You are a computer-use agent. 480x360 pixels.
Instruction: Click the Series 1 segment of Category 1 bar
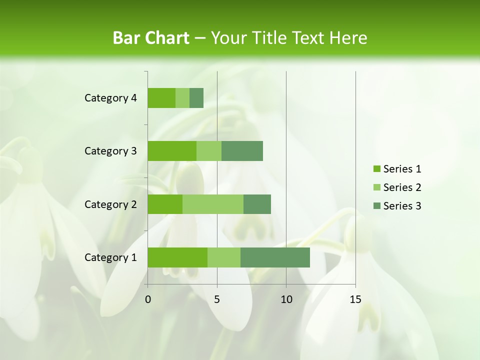pos(177,257)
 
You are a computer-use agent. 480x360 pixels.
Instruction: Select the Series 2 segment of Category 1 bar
pos(224,257)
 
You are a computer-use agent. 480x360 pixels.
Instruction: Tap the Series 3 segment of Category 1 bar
pos(275,257)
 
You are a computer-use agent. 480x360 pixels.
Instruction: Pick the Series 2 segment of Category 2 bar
pos(213,204)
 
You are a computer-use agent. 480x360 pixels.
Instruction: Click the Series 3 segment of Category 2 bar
pos(257,204)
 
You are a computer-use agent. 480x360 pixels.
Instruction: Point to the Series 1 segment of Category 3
pos(172,151)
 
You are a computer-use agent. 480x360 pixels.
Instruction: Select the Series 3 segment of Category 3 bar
pos(242,151)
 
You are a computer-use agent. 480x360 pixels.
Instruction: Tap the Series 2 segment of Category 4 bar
pos(182,98)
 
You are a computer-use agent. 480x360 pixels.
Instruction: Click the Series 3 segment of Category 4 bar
pos(196,98)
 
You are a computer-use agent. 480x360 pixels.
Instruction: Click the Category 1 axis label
pos(110,257)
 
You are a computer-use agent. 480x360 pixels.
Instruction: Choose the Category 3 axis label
pos(110,151)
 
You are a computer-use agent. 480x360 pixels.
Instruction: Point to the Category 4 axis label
pos(110,98)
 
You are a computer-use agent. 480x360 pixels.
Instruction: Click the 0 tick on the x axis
pos(148,299)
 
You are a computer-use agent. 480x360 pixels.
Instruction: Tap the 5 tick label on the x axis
pos(217,299)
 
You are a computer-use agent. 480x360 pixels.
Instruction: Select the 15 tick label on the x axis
pos(355,299)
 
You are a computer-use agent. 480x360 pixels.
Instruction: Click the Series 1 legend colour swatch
pos(376,169)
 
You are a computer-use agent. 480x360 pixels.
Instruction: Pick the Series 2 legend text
pos(402,187)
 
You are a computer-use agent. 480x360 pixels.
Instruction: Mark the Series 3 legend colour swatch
pos(376,206)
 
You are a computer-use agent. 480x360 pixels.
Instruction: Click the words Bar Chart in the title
pos(150,38)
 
